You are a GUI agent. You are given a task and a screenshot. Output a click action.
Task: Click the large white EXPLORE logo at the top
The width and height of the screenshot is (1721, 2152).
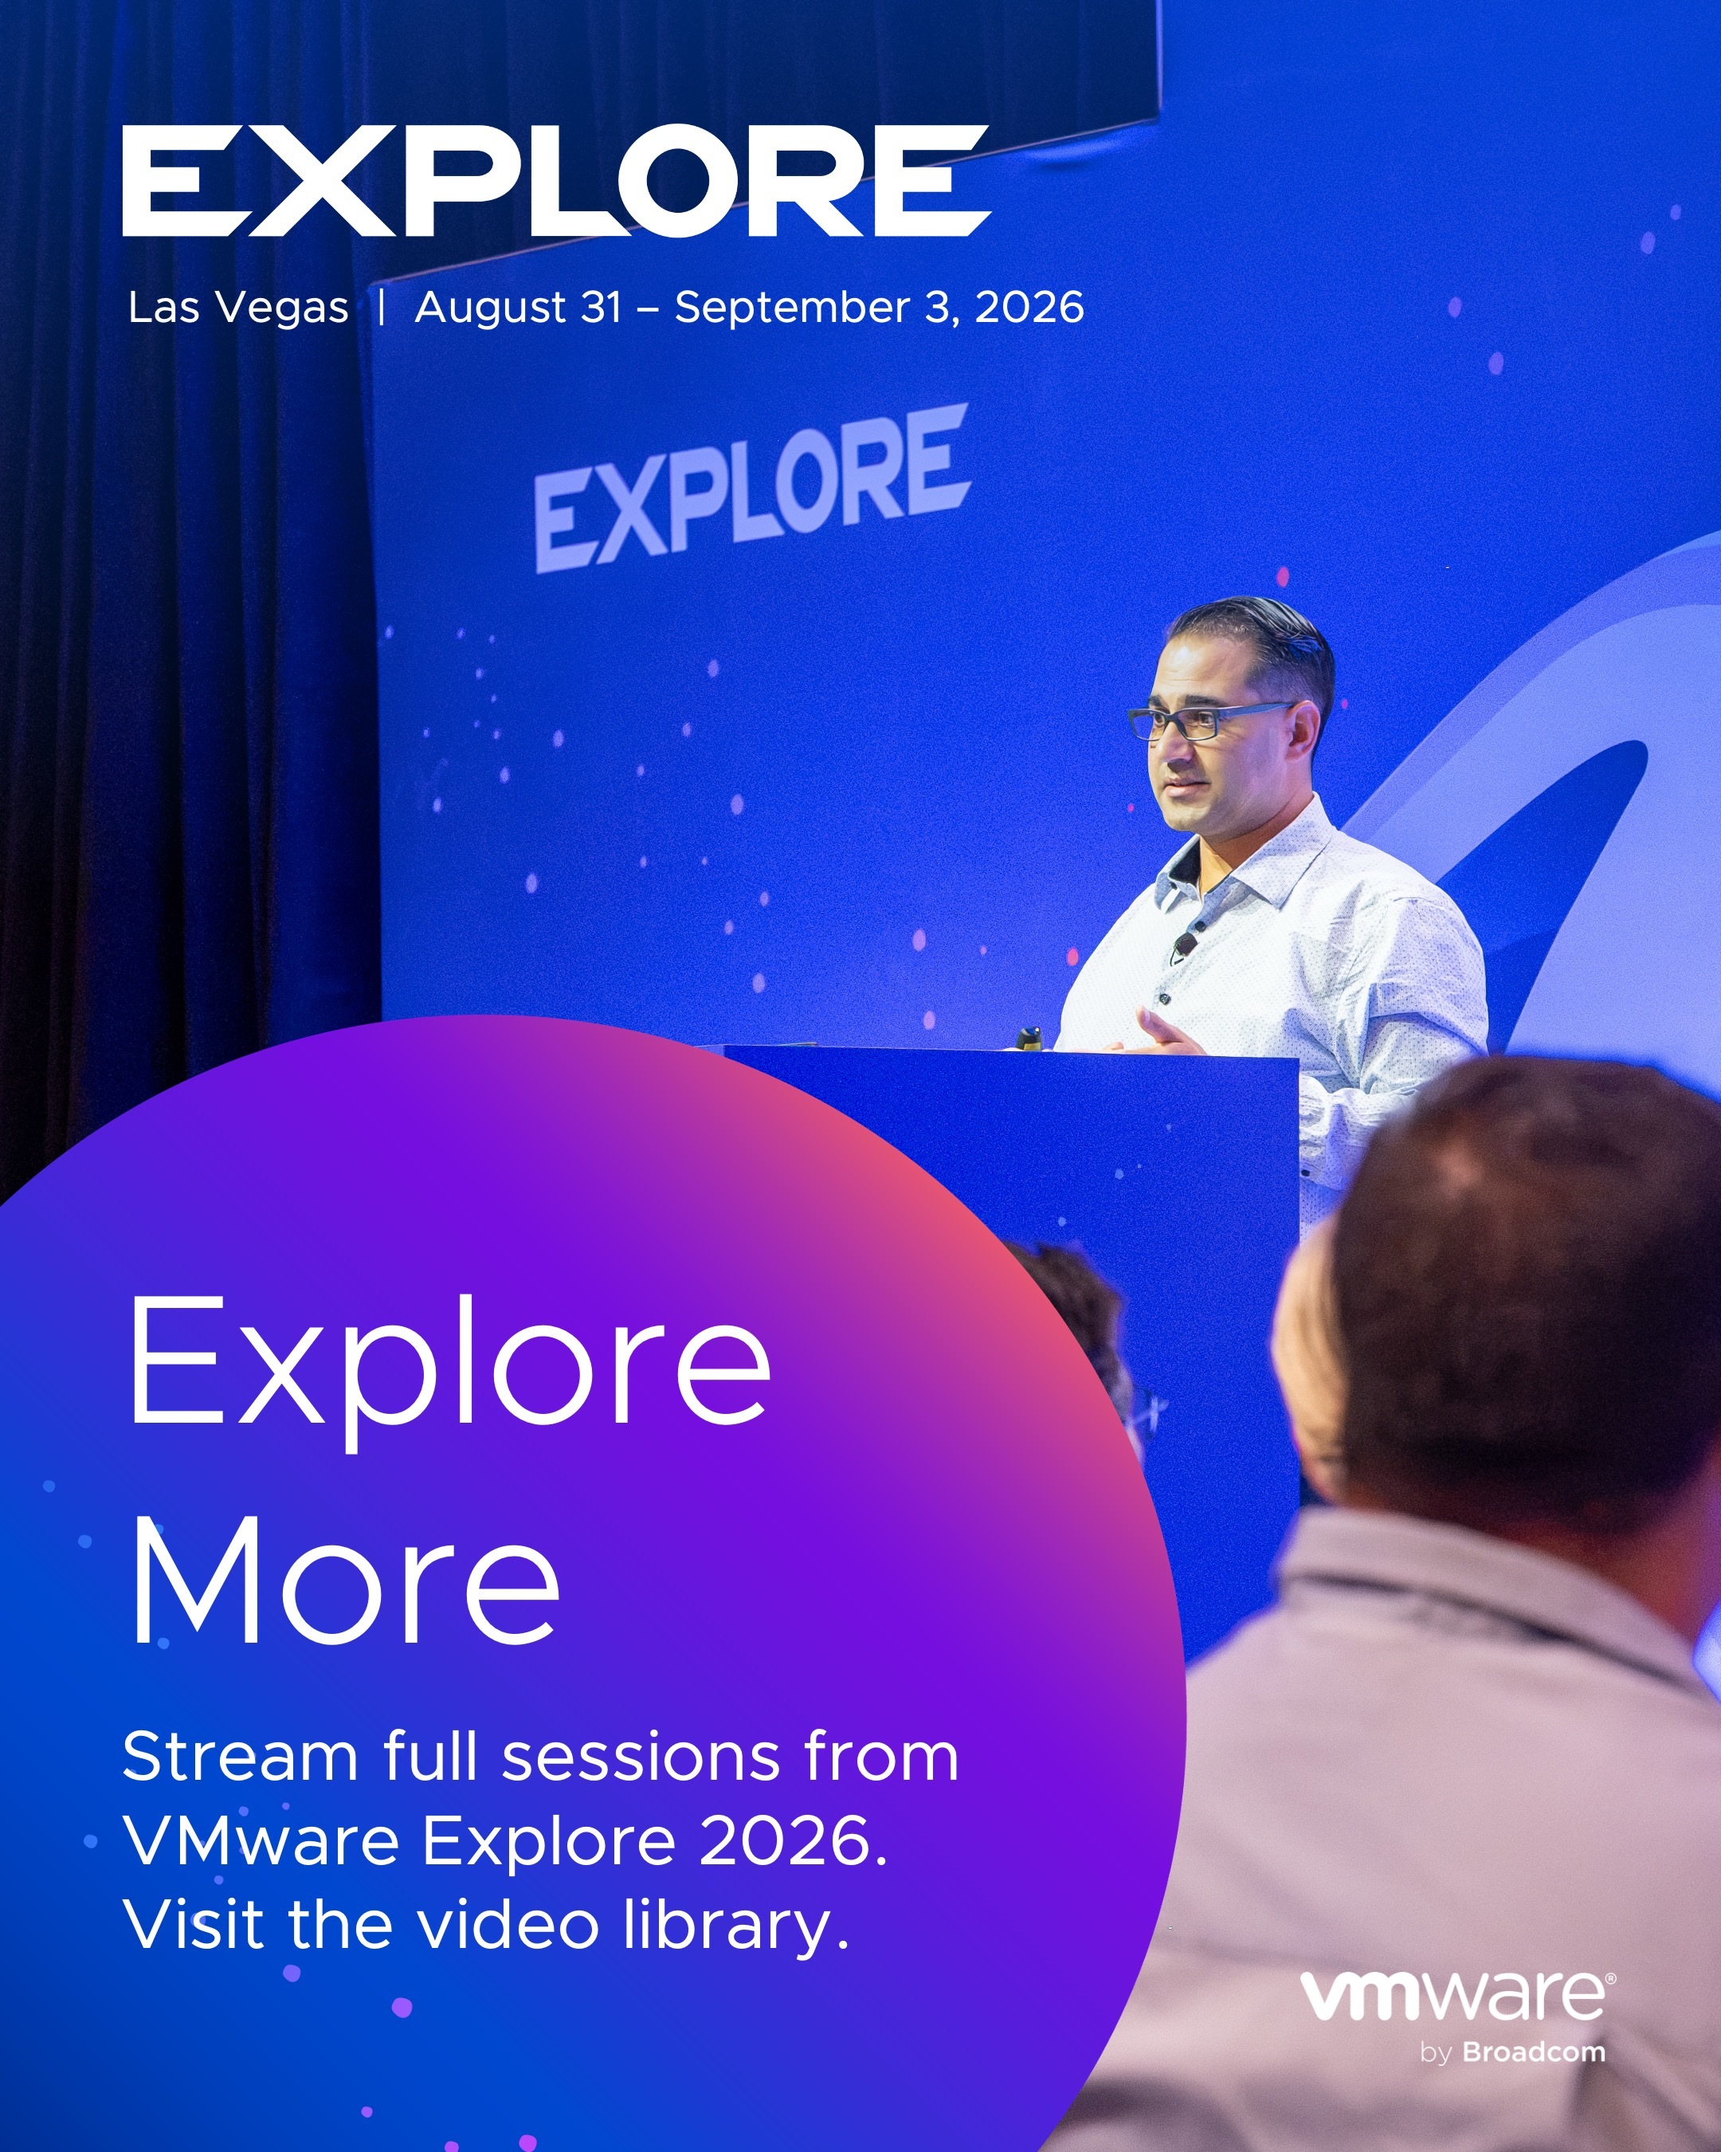click(x=555, y=181)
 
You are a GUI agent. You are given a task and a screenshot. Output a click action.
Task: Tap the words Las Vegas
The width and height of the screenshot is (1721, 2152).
click(x=238, y=308)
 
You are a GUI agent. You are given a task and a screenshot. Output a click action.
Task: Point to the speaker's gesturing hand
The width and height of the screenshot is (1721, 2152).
click(x=1167, y=1033)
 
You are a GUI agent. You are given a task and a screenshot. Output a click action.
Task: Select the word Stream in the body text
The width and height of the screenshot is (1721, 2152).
click(x=240, y=1757)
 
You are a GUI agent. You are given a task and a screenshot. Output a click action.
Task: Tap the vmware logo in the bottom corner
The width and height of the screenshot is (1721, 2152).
click(x=1457, y=1995)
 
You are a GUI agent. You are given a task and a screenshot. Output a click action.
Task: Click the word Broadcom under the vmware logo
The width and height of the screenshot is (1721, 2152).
click(x=1535, y=2052)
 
